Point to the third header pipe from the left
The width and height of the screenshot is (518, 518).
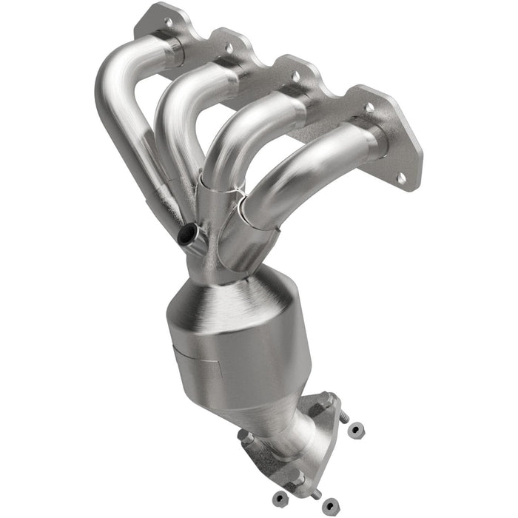click(244, 133)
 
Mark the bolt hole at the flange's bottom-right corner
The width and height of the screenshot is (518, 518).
click(400, 178)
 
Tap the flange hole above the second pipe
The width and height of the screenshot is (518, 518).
click(229, 49)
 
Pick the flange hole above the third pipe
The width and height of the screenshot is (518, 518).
click(296, 76)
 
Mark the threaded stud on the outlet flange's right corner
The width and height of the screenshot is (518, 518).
click(342, 417)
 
